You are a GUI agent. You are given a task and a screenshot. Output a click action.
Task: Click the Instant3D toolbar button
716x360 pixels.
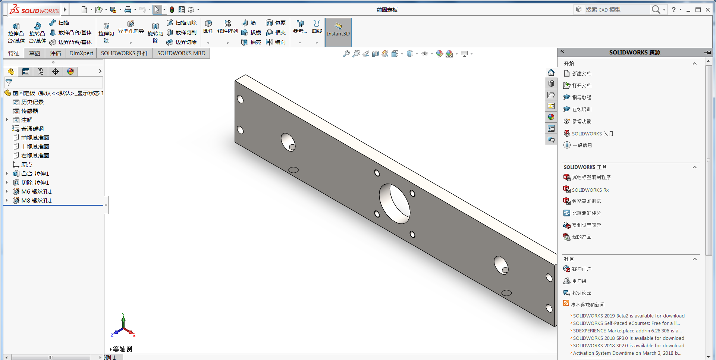pyautogui.click(x=338, y=32)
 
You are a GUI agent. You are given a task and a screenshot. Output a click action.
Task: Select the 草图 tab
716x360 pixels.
pyautogui.click(x=35, y=53)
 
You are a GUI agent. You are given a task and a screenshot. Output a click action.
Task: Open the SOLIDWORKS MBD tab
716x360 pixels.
pyautogui.click(x=181, y=53)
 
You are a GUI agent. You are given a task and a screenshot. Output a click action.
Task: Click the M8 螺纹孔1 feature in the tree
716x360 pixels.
pyautogui.click(x=36, y=200)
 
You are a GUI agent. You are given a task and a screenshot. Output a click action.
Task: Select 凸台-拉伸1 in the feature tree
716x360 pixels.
pyautogui.click(x=35, y=173)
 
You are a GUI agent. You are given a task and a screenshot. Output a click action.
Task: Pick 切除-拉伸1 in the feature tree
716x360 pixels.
pyautogui.click(x=35, y=182)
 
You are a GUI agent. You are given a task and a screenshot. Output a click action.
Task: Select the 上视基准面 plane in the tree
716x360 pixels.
pyautogui.click(x=35, y=147)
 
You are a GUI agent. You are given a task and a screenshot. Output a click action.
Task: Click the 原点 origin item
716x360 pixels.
pyautogui.click(x=26, y=165)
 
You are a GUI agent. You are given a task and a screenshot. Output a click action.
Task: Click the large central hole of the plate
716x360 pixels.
pyautogui.click(x=394, y=204)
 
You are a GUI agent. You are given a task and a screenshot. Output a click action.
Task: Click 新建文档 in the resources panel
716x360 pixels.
pyautogui.click(x=581, y=73)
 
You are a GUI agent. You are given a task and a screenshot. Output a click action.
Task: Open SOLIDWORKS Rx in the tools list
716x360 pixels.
pyautogui.click(x=590, y=190)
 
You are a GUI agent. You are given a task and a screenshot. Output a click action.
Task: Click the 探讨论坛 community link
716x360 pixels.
pyautogui.click(x=581, y=293)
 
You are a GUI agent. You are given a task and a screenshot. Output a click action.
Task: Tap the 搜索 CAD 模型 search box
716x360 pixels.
pyautogui.click(x=615, y=10)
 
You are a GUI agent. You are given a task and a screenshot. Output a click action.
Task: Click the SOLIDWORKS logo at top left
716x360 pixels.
pyautogui.click(x=34, y=10)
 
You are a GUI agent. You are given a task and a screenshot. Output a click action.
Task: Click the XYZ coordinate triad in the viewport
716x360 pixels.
pyautogui.click(x=123, y=326)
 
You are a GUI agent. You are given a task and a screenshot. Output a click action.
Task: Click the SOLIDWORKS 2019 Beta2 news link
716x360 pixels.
pyautogui.click(x=628, y=316)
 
